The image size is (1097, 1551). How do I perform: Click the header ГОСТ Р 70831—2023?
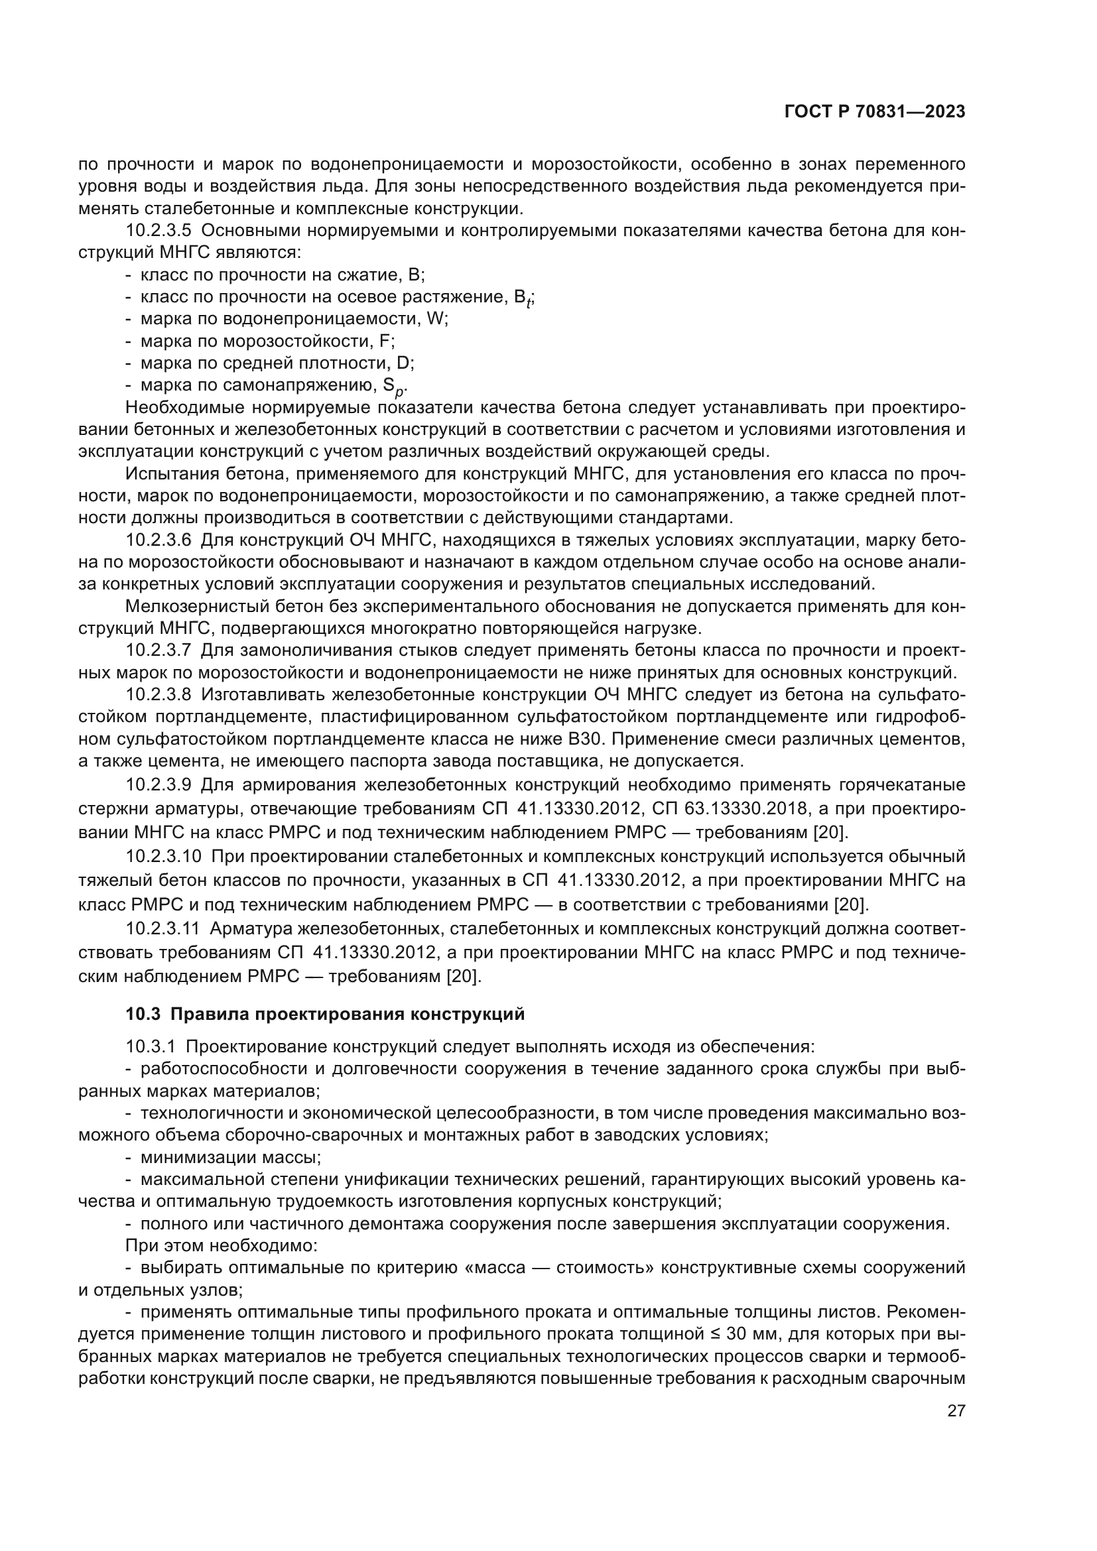[x=874, y=112]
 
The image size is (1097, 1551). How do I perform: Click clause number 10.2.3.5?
[x=159, y=231]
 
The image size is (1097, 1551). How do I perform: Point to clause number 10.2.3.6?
[x=159, y=540]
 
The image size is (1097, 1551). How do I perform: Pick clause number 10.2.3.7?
[x=159, y=651]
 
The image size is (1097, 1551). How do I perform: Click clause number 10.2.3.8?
[x=159, y=694]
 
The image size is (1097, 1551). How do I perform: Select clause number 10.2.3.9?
[x=159, y=785]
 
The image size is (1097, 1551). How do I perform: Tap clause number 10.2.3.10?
[x=163, y=857]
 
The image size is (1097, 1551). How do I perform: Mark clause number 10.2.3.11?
[x=162, y=929]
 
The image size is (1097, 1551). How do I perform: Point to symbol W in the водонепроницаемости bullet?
[x=435, y=319]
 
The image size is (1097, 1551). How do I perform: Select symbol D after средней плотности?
[x=403, y=363]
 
